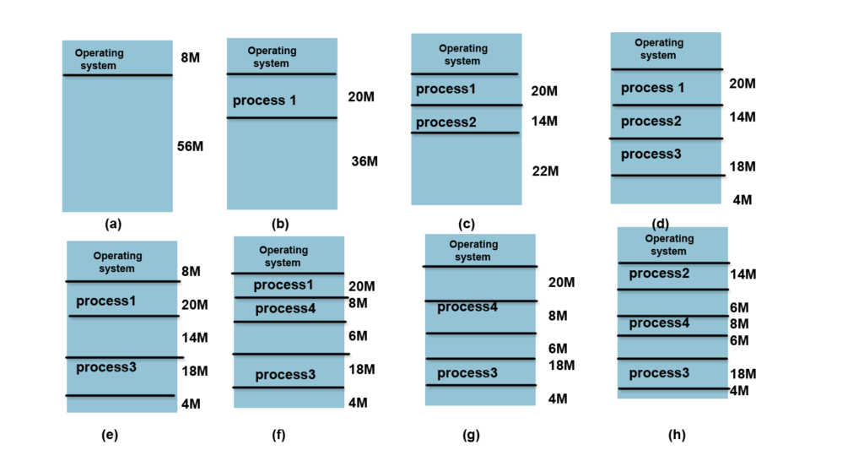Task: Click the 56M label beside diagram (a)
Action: point(190,146)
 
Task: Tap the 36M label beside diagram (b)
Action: point(364,161)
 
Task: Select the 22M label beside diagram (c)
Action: point(545,171)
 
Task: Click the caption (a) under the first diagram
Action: point(113,225)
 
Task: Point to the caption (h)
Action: point(676,435)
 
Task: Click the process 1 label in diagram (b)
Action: point(264,100)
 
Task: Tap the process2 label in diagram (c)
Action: point(446,122)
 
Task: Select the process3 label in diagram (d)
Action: point(651,155)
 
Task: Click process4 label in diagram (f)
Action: point(285,309)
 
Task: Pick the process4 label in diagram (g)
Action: point(467,306)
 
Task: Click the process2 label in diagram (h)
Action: point(659,274)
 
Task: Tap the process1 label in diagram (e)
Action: point(105,301)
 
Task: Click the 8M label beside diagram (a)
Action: point(190,58)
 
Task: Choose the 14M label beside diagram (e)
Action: point(194,338)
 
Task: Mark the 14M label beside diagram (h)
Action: point(742,274)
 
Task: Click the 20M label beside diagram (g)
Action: point(561,282)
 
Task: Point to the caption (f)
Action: point(278,435)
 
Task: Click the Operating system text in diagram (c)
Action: point(463,55)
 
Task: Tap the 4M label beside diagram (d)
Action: point(742,200)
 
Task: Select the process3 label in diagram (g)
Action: point(467,373)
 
